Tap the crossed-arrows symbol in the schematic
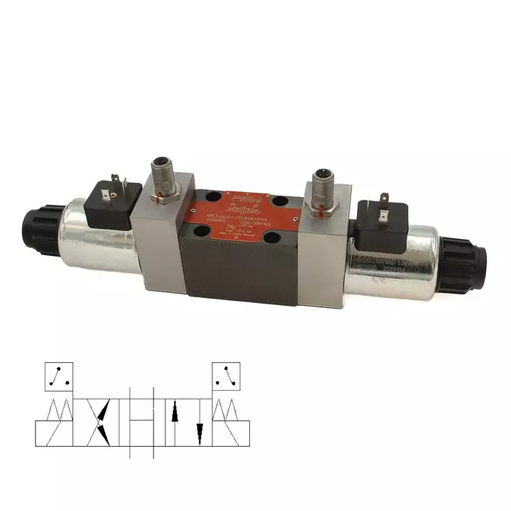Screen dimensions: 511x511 pyautogui.click(x=103, y=421)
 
